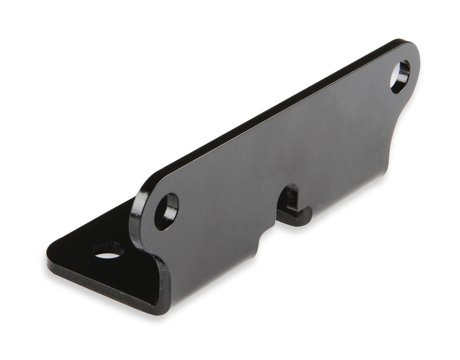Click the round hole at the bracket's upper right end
[400, 77]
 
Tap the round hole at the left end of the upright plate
[166, 211]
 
